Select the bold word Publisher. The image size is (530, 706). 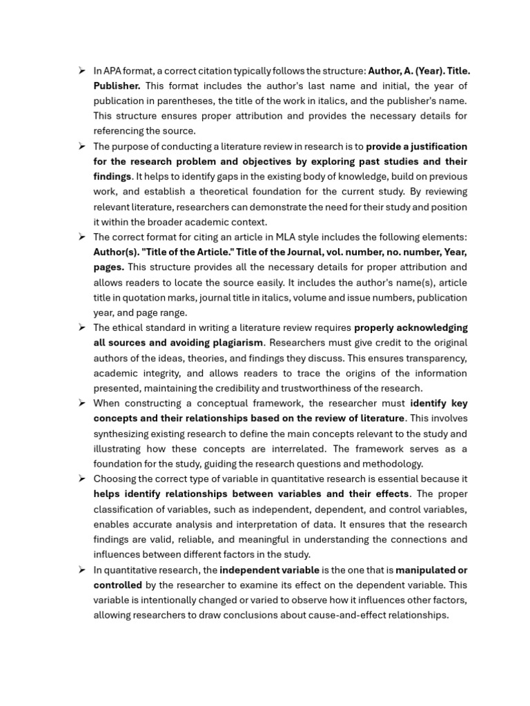point(117,85)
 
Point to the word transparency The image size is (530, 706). point(436,358)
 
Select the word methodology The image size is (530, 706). point(394,464)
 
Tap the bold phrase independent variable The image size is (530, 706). point(269,569)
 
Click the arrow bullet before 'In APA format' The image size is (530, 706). point(81,70)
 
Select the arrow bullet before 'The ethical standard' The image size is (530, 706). point(81,327)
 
